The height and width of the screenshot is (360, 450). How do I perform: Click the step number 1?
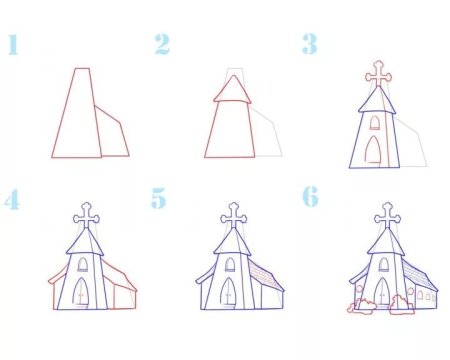[x=13, y=45]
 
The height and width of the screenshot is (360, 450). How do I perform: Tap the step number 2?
[x=163, y=44]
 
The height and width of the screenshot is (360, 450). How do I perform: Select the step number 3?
[x=310, y=44]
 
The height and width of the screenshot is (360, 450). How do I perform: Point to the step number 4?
[x=13, y=198]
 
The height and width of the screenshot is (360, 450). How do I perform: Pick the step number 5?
[x=160, y=198]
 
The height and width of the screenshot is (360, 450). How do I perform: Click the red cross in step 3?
[x=376, y=74]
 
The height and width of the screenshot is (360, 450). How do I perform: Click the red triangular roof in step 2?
[x=231, y=91]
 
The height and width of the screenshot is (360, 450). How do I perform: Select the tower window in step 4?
[x=81, y=265]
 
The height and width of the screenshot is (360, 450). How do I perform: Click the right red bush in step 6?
[x=402, y=304]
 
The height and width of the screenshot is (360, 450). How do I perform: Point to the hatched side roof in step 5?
[x=265, y=275]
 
